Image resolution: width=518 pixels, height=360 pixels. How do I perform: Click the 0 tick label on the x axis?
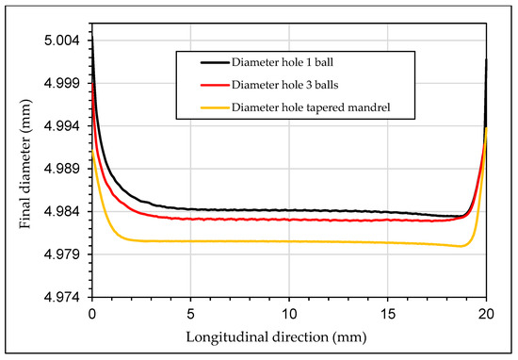click(x=91, y=313)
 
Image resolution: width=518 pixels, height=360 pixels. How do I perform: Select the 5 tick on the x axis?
click(x=190, y=313)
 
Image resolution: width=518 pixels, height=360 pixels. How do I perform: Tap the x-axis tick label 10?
click(x=289, y=313)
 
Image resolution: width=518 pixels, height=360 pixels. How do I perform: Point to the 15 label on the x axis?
click(x=387, y=313)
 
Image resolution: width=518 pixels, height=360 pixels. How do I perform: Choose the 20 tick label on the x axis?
click(x=486, y=313)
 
